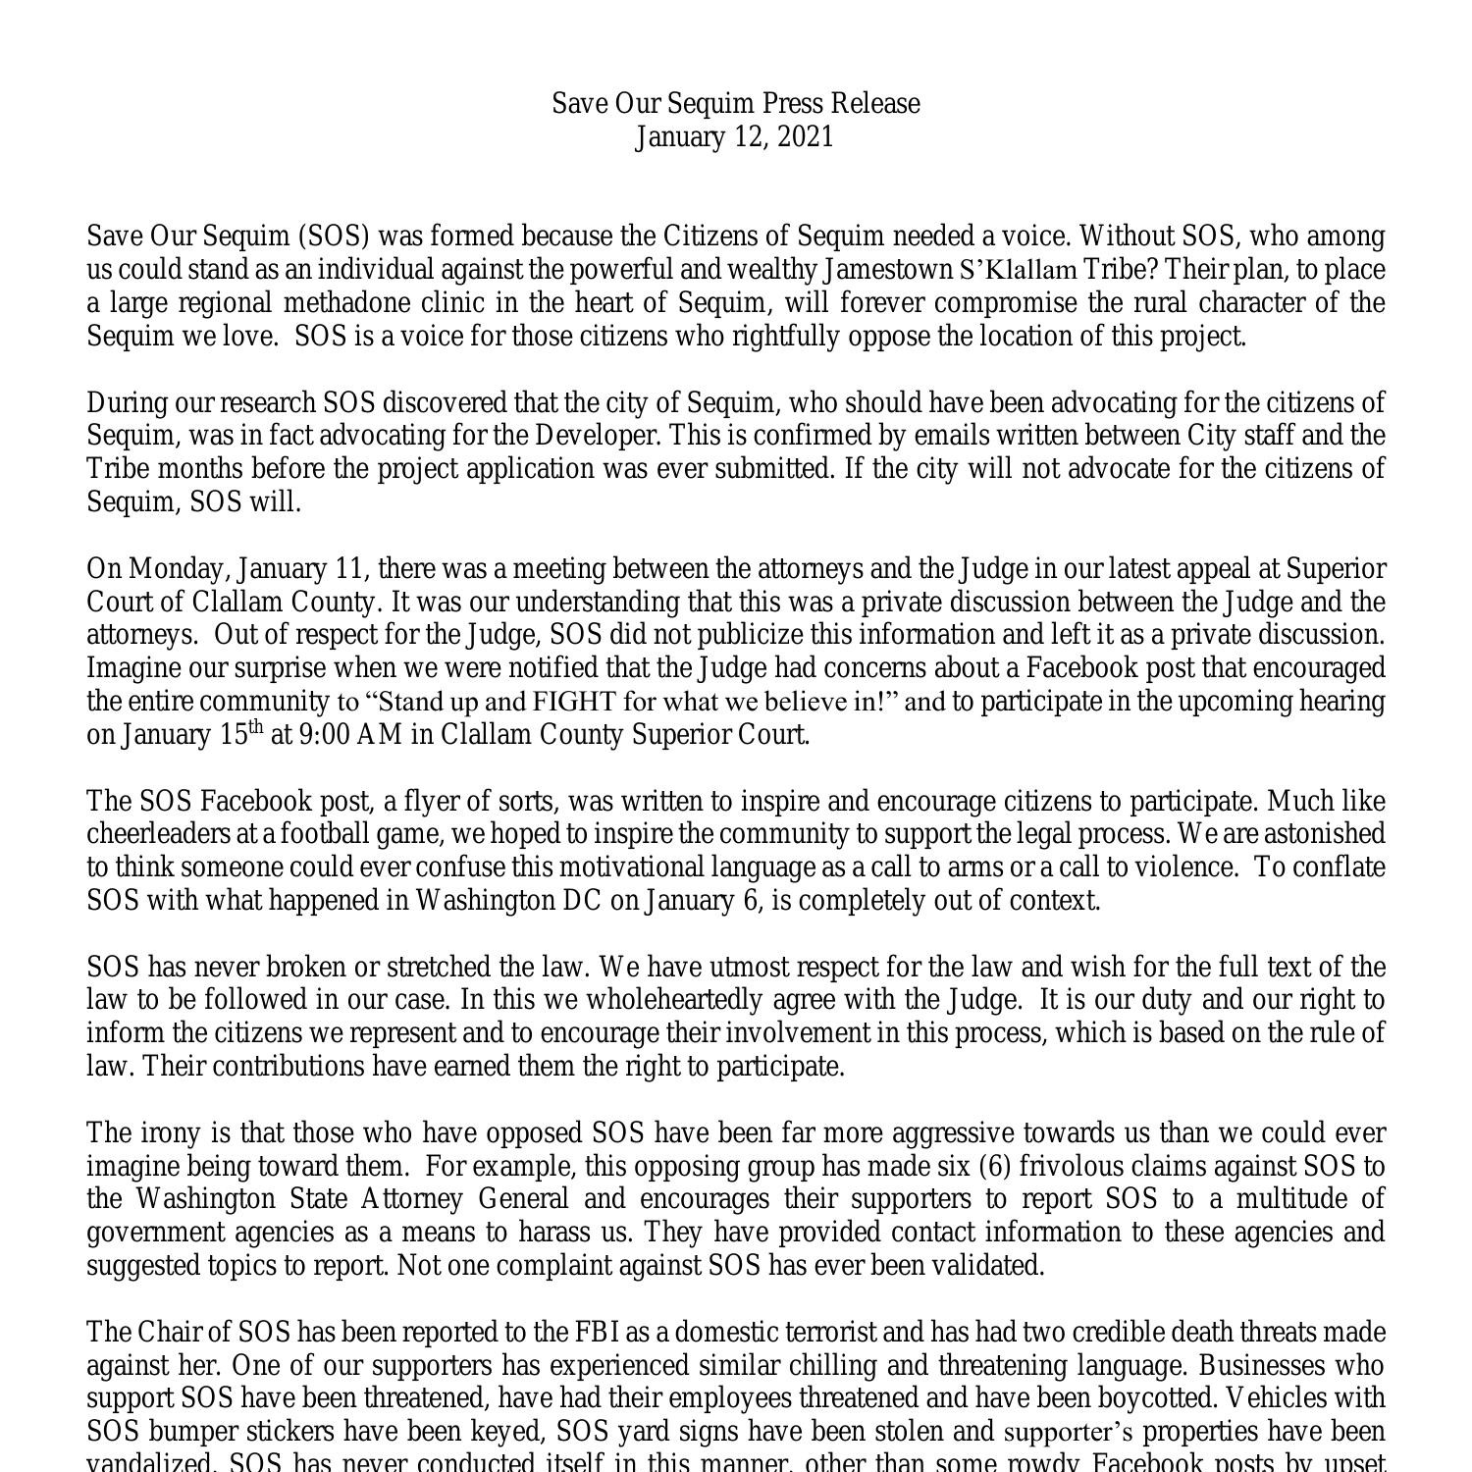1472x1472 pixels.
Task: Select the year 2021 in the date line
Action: [806, 137]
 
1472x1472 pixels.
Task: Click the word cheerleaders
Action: [166, 835]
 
